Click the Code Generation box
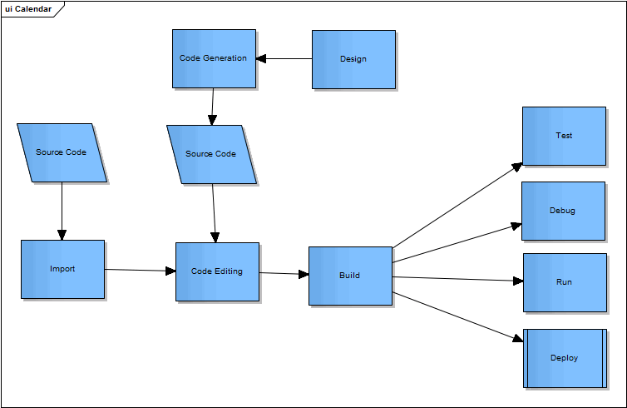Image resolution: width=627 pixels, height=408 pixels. (214, 58)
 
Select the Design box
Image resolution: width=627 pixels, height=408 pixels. (353, 59)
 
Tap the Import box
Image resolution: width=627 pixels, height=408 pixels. (62, 269)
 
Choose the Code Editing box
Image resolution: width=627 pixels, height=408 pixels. (217, 271)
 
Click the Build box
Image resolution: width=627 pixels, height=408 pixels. (350, 276)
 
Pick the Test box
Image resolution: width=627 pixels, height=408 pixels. (564, 136)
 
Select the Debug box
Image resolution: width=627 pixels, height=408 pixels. (563, 211)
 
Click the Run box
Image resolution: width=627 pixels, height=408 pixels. (564, 282)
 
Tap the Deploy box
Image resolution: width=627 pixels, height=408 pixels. (564, 358)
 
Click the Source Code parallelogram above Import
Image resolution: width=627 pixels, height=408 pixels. (62, 152)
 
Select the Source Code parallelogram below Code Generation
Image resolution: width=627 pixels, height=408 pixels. (211, 154)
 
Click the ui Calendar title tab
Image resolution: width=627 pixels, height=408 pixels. (28, 9)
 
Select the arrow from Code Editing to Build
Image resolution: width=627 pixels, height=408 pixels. (284, 273)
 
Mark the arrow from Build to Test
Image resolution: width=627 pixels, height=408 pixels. (457, 206)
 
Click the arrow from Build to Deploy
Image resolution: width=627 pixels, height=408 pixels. (457, 316)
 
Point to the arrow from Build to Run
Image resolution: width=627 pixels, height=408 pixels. (457, 279)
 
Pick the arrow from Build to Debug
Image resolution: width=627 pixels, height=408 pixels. (457, 243)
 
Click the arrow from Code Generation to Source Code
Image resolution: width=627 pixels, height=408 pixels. (212, 106)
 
